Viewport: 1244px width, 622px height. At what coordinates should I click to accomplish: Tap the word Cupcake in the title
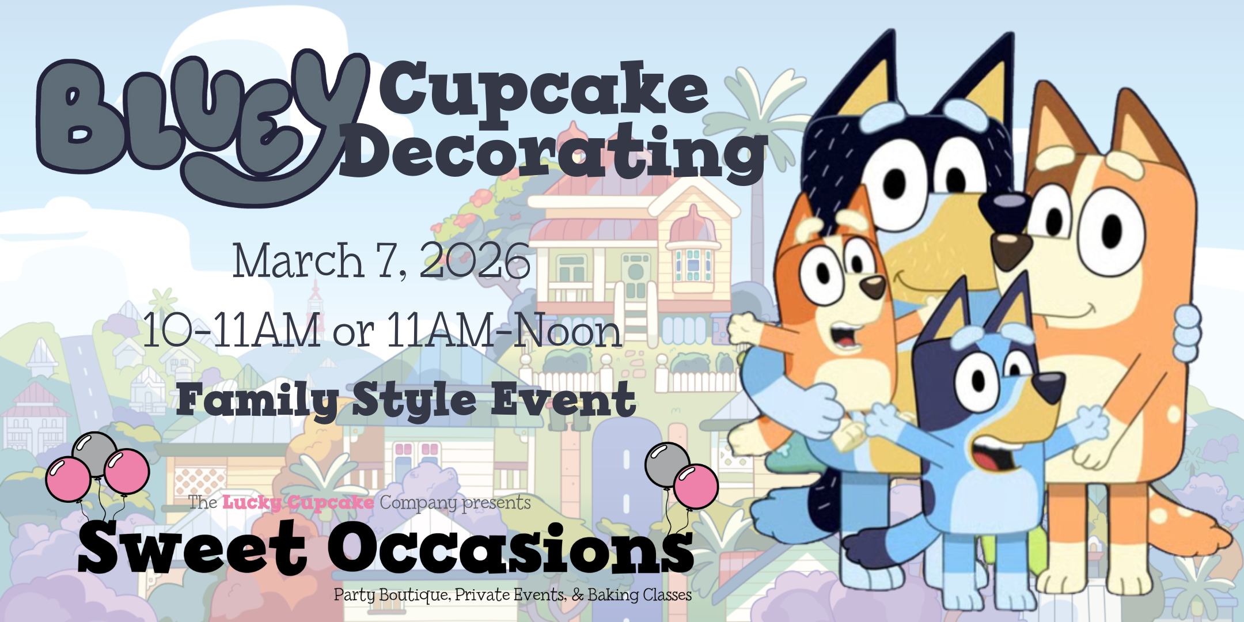(x=544, y=92)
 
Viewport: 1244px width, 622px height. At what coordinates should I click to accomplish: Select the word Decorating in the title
(x=553, y=152)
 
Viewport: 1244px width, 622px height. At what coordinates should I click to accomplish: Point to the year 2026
(x=475, y=261)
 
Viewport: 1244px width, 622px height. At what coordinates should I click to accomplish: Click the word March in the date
(x=298, y=261)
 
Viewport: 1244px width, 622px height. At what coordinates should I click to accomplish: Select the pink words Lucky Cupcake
(x=298, y=502)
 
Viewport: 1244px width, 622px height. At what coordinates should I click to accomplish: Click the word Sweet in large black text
(x=192, y=548)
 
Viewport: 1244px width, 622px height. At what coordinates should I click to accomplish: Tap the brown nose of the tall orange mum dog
(x=1012, y=249)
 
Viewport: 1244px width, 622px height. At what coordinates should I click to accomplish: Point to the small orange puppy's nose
(x=873, y=286)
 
